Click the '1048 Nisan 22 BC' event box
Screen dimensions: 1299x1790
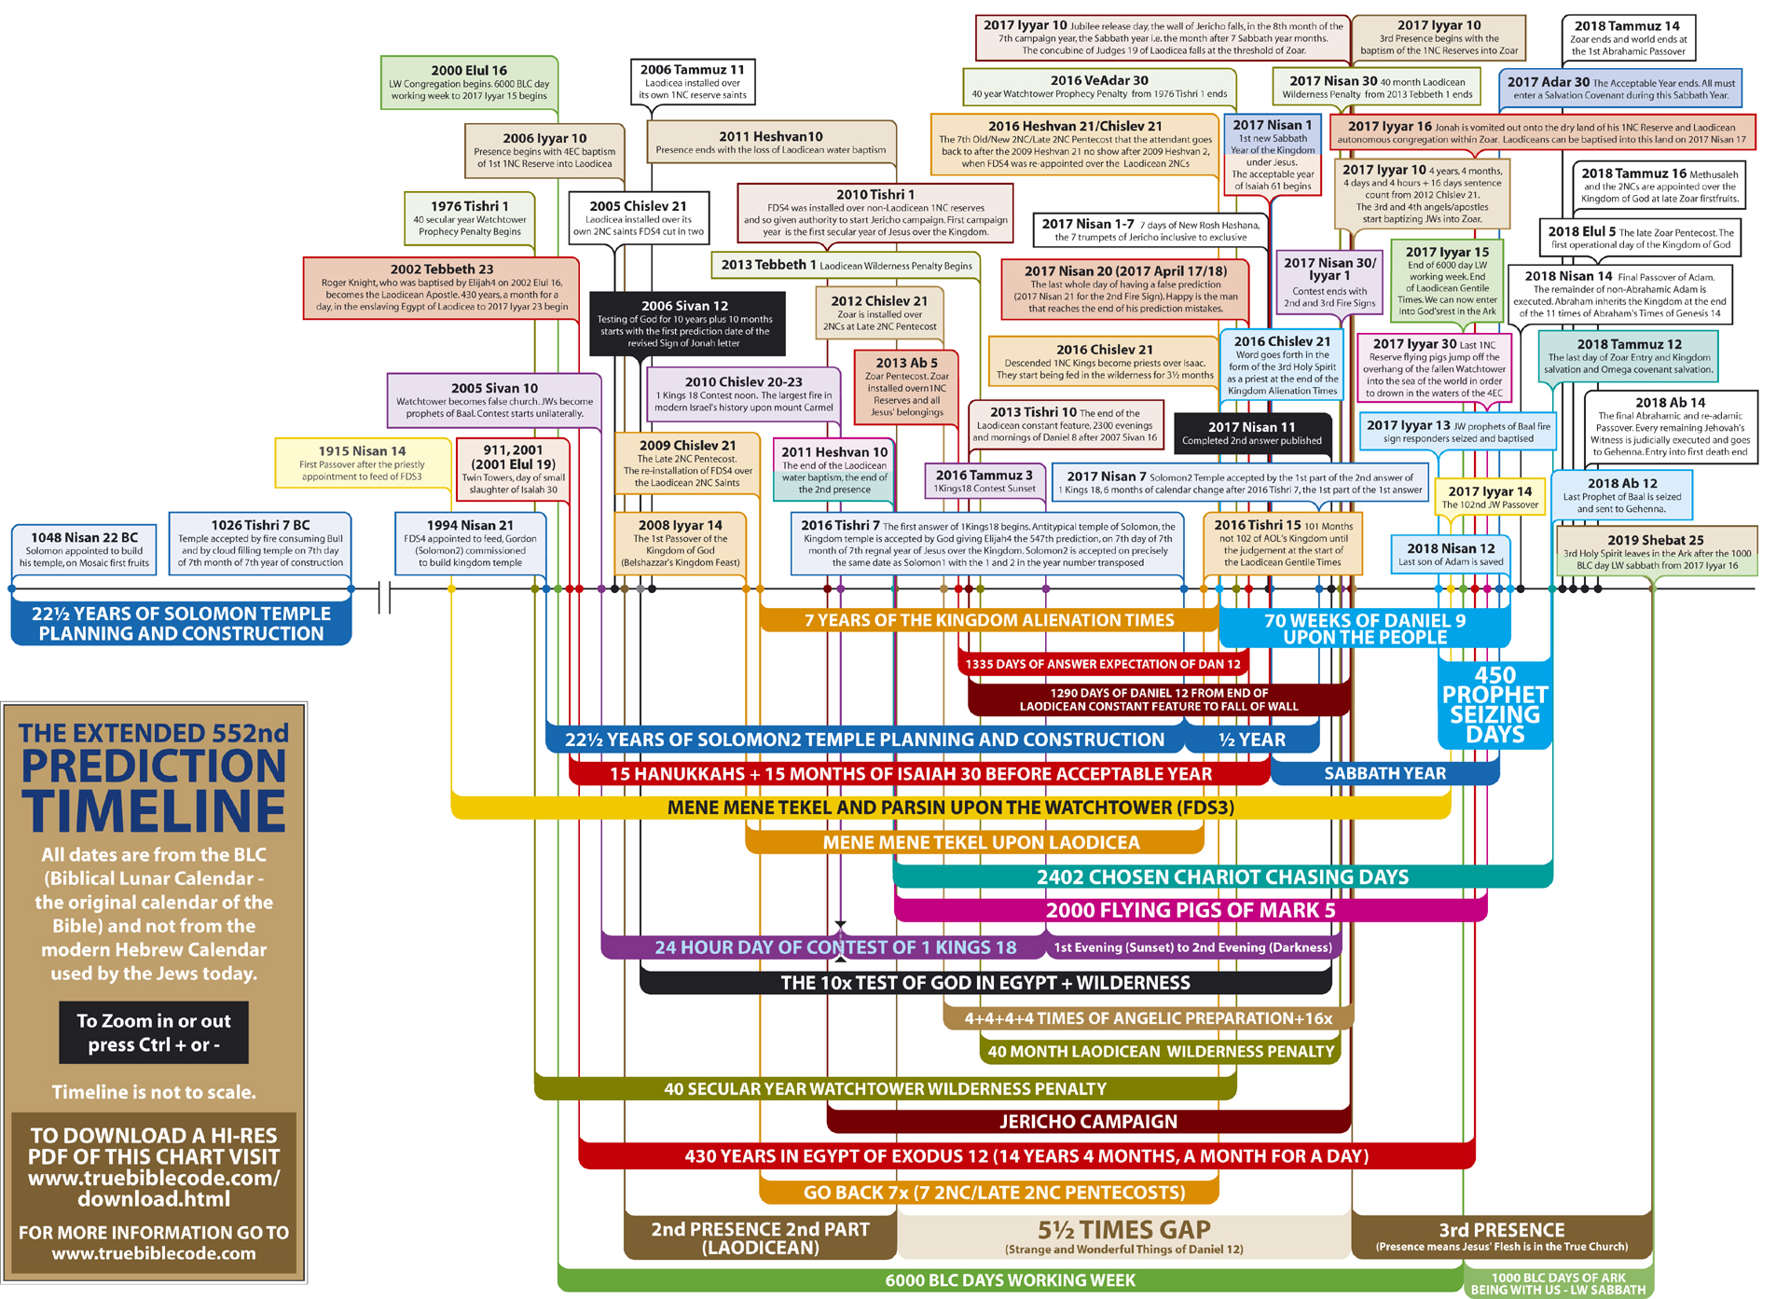click(x=84, y=549)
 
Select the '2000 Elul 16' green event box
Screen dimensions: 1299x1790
click(x=469, y=82)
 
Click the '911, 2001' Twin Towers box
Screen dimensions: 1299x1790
click(x=513, y=469)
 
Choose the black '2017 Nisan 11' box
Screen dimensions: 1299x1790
click(x=1251, y=433)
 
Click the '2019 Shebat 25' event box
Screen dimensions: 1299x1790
click(x=1655, y=551)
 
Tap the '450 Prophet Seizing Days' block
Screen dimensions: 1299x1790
click(x=1494, y=704)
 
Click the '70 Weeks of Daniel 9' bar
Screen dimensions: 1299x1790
click(x=1364, y=628)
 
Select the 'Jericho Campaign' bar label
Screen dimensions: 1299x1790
click(x=1088, y=1121)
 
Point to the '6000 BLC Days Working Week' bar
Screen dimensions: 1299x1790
click(x=1010, y=1280)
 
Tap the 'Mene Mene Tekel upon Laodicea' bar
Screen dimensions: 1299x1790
click(x=981, y=842)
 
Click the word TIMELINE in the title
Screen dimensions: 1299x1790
click(x=154, y=810)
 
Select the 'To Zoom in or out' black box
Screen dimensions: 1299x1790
click(x=154, y=1032)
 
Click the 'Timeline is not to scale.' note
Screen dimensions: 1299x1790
click(x=154, y=1092)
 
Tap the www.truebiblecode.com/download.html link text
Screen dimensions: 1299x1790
click(x=154, y=1188)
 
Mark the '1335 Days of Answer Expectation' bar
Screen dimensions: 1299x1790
click(x=1103, y=664)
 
